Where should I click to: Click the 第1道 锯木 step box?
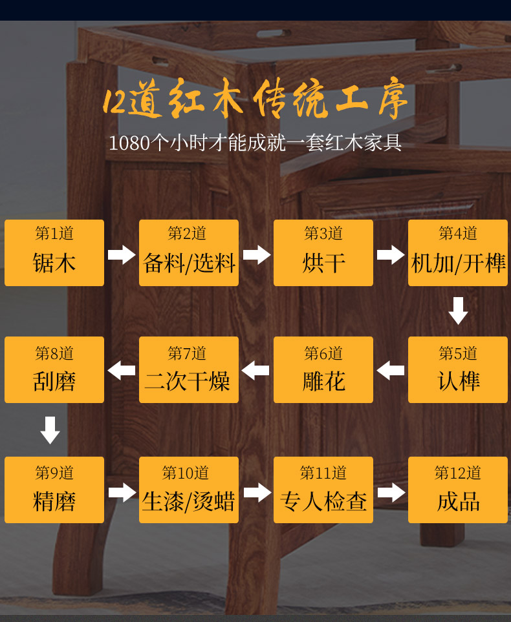(x=54, y=253)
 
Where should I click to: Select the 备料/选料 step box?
(x=189, y=253)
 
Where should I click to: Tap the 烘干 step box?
(x=323, y=253)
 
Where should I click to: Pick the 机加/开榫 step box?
(x=458, y=253)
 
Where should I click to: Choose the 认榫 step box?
(x=458, y=369)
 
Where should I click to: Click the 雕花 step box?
(x=323, y=369)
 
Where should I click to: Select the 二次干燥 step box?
(x=189, y=369)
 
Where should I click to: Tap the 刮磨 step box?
(x=54, y=369)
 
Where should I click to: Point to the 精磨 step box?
(x=54, y=490)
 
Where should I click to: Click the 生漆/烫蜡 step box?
(x=189, y=490)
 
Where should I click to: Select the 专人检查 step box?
(x=323, y=490)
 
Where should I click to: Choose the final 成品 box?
(x=458, y=490)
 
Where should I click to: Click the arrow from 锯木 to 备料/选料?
(x=122, y=254)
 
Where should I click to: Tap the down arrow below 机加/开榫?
(x=458, y=311)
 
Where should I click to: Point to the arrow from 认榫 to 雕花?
(x=391, y=371)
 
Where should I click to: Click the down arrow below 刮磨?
(x=50, y=430)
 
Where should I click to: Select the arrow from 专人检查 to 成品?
(x=391, y=493)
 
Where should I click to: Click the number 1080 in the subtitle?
(x=129, y=143)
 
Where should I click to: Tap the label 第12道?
(x=458, y=473)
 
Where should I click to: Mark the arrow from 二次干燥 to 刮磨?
(x=122, y=371)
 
